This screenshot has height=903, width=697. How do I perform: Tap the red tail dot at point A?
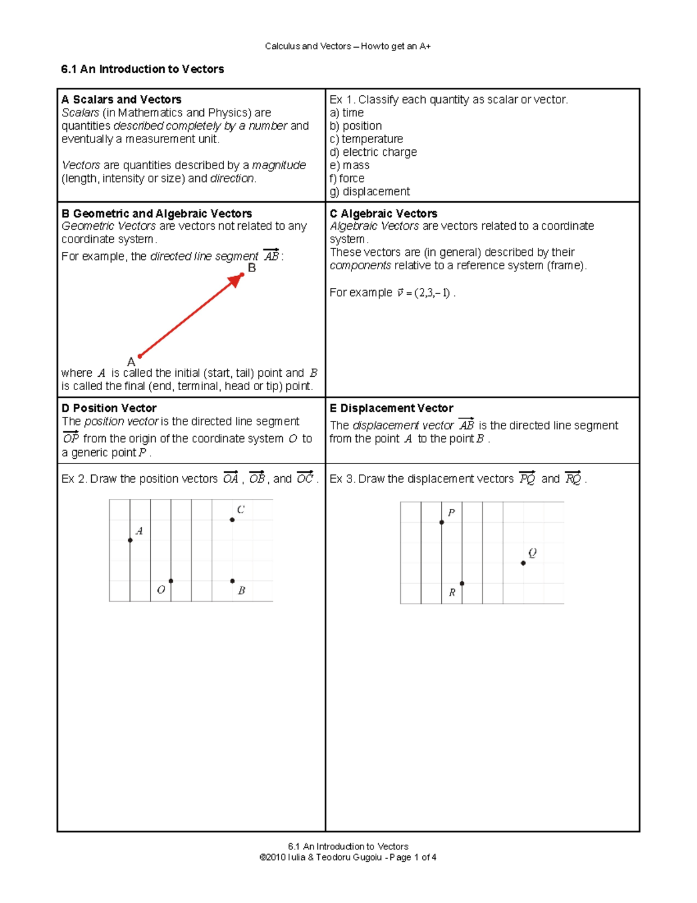[x=139, y=356]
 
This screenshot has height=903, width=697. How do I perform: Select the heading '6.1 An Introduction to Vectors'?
[x=142, y=69]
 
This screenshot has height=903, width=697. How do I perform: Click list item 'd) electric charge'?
[x=373, y=152]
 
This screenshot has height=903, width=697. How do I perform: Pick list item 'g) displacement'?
[x=369, y=192]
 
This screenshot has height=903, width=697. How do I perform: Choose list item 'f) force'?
[x=347, y=179]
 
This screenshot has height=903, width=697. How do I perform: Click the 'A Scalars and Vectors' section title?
[x=121, y=99]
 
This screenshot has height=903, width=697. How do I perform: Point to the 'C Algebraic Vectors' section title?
[x=383, y=213]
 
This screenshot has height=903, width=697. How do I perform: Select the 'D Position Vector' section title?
[x=109, y=408]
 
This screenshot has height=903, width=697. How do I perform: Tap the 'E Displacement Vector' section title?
[x=391, y=408]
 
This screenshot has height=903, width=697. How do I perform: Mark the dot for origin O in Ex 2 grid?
[x=171, y=581]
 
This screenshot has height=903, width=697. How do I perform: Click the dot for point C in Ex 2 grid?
[x=232, y=520]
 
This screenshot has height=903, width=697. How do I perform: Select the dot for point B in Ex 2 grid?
[x=232, y=581]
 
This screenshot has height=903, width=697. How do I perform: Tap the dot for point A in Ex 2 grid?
[x=130, y=540]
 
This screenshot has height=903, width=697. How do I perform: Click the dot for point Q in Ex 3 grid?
[x=523, y=563]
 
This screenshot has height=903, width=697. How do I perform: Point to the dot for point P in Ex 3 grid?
[x=441, y=522]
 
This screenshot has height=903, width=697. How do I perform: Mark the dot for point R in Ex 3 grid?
[x=462, y=583]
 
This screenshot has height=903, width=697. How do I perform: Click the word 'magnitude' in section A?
[x=279, y=165]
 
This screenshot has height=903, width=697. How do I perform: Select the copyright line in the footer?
[x=348, y=857]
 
